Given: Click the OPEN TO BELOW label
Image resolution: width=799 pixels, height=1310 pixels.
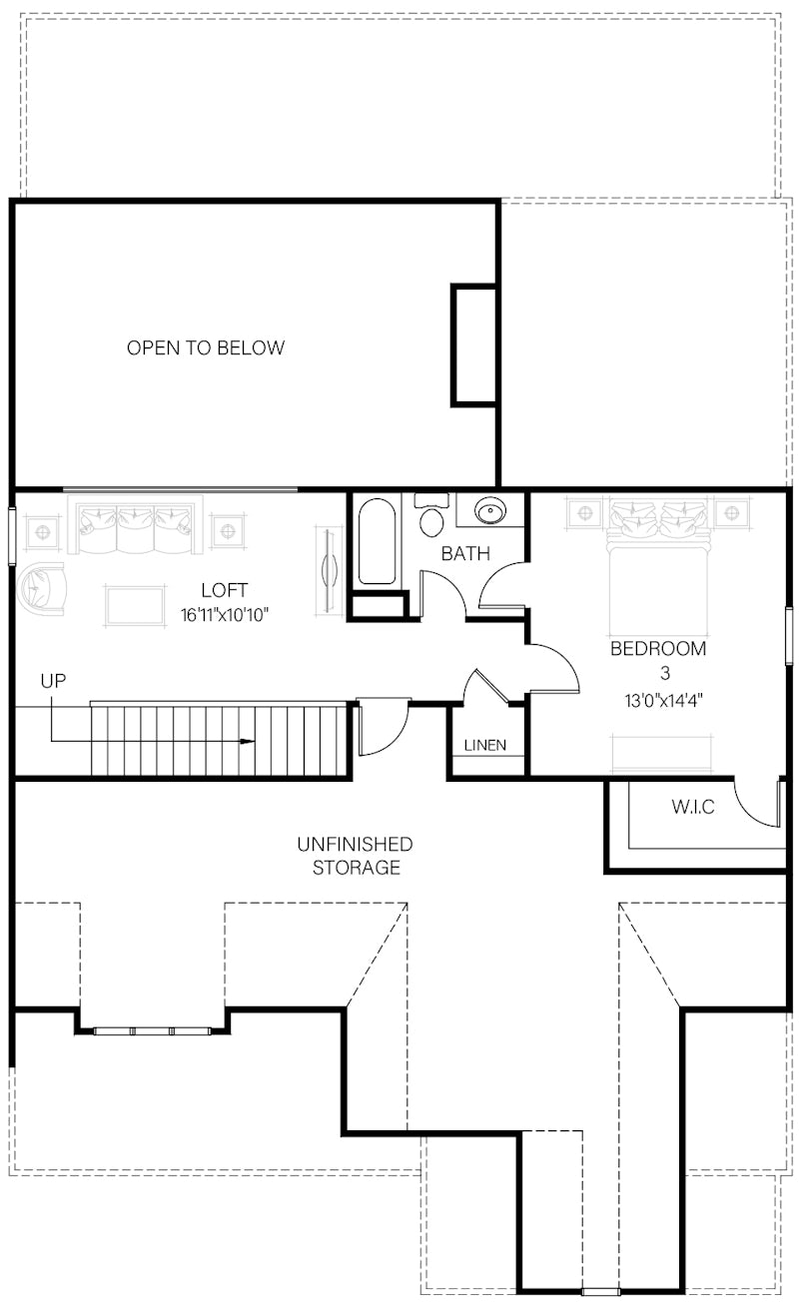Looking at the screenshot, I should (x=206, y=348).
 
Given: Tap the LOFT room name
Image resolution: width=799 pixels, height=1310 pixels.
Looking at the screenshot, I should (x=224, y=590).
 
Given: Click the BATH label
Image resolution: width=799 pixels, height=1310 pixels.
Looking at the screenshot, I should (x=465, y=553).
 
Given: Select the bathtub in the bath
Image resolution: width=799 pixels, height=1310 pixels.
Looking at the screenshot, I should (x=377, y=541).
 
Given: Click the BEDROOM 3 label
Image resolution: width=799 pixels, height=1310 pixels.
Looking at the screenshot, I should (x=658, y=660).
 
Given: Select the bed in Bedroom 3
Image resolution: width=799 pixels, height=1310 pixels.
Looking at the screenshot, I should (x=660, y=559).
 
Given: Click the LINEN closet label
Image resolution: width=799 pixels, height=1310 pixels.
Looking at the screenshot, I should (x=484, y=745).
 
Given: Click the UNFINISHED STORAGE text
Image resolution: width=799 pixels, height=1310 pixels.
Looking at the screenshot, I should (x=355, y=856).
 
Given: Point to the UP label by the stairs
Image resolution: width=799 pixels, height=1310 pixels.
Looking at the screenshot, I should (x=53, y=682).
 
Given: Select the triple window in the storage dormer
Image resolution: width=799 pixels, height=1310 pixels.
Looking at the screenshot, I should (x=152, y=1029).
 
